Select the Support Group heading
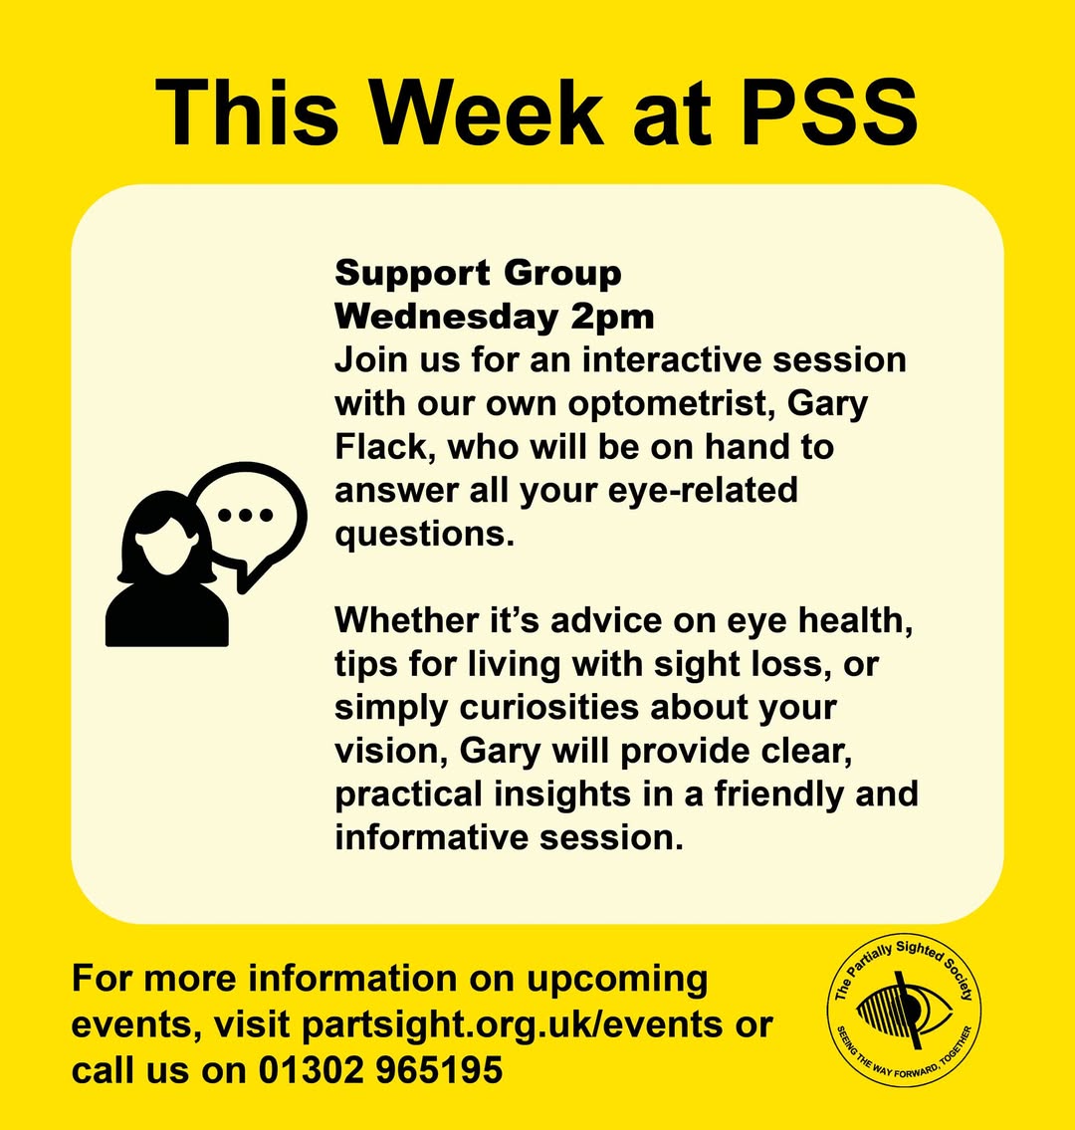pyautogui.click(x=478, y=273)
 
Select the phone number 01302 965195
pyautogui.click(x=381, y=1070)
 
